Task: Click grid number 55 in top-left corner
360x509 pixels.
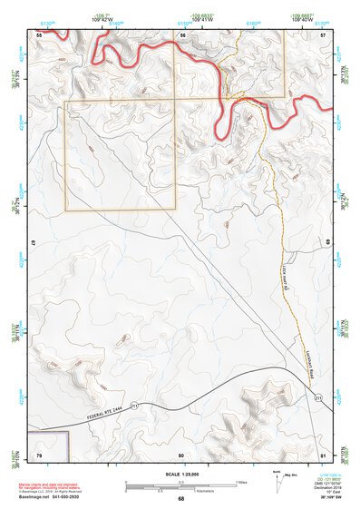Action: click(39, 34)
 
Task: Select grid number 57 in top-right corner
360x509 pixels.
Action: click(323, 34)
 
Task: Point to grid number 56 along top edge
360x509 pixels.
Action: click(181, 34)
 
